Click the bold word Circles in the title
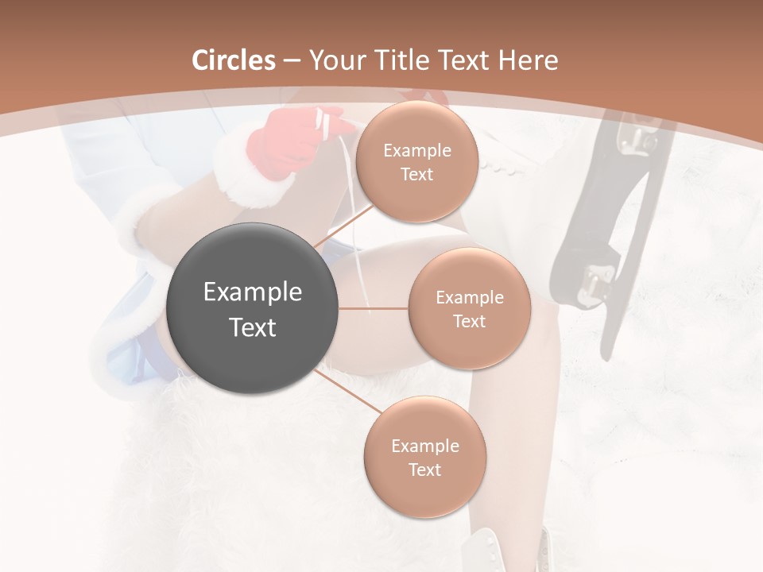tap(233, 60)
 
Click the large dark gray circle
tap(253, 309)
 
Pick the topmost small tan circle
tap(416, 162)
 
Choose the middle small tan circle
tap(469, 308)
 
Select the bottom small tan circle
tap(424, 457)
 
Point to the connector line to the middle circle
tap(374, 308)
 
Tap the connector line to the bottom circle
tap(350, 392)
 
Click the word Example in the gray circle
tap(253, 292)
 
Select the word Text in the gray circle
tap(253, 327)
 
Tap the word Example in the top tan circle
tap(416, 151)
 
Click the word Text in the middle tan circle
tap(469, 321)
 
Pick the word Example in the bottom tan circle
tap(424, 446)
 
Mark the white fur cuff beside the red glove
tap(238, 163)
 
